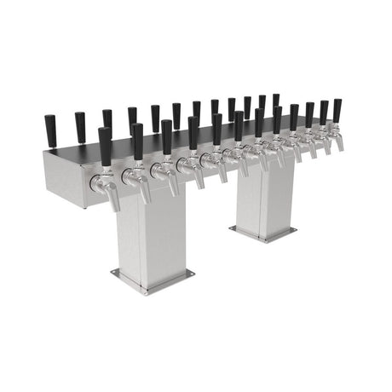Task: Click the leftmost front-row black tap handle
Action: (105, 146)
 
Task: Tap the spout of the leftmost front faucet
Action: (114, 203)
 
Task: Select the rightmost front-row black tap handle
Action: (337, 111)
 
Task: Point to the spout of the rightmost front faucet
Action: (341, 146)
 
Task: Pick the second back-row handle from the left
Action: (80, 127)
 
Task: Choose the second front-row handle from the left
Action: (137, 141)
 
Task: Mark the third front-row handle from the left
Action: (167, 136)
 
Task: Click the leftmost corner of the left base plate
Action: (112, 273)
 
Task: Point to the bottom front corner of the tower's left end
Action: (85, 207)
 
